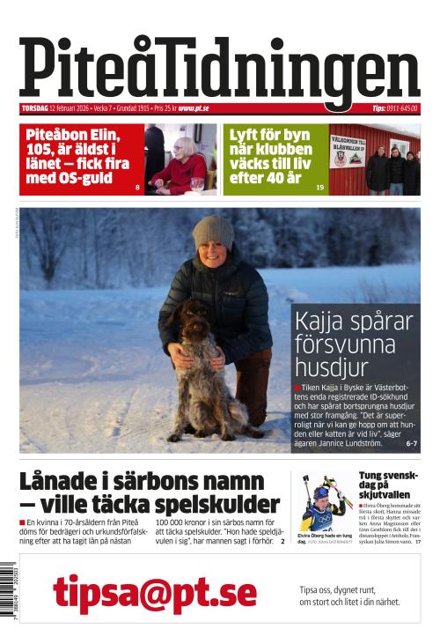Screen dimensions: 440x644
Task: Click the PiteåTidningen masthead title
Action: [220, 69]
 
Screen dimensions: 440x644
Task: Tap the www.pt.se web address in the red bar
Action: [193, 109]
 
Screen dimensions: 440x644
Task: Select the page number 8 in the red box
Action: [137, 188]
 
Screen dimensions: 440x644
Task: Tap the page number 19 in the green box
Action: [319, 188]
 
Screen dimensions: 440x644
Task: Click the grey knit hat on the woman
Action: [213, 232]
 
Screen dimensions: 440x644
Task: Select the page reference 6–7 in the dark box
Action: [411, 443]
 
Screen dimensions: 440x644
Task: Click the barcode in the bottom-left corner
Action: [8, 595]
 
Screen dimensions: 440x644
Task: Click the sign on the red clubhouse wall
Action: [347, 150]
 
